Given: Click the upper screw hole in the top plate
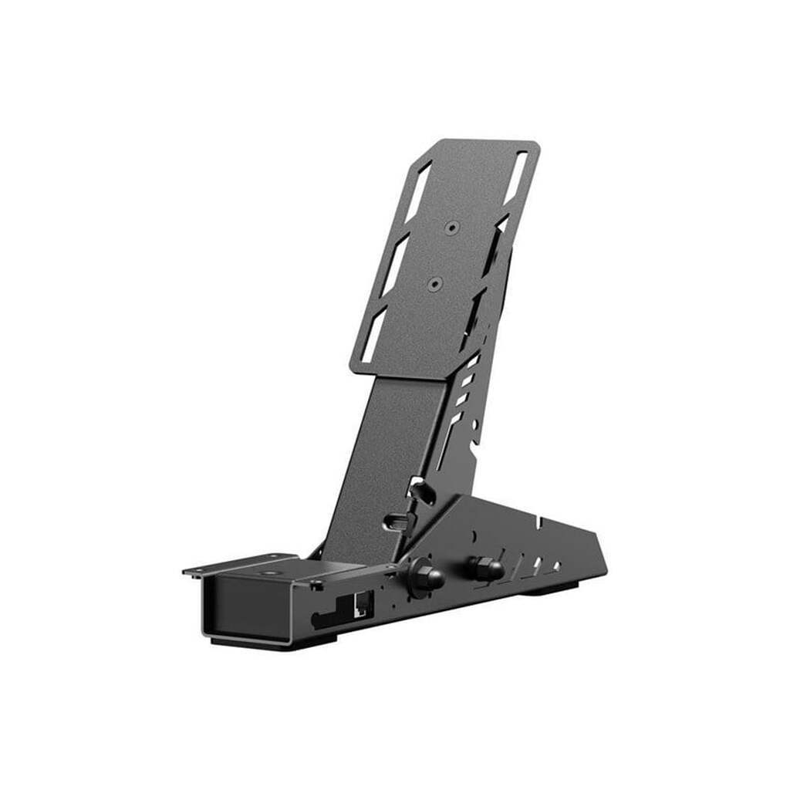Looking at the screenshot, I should [451, 228].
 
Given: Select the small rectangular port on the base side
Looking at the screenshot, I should [360, 603].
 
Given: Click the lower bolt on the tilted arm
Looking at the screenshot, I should [396, 521].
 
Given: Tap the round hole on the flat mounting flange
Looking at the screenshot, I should [269, 573].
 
